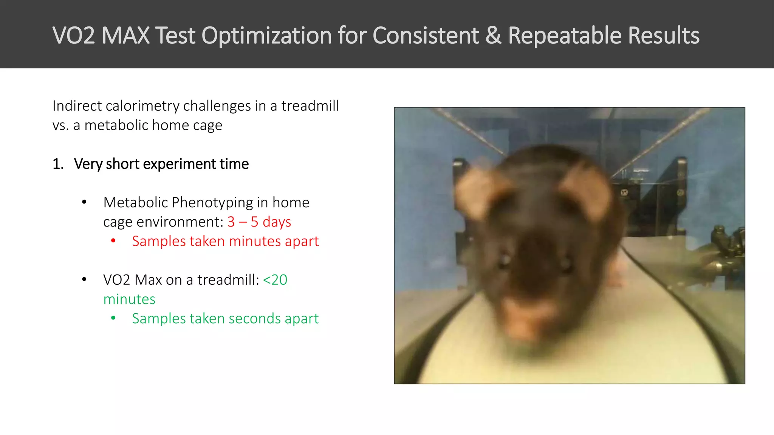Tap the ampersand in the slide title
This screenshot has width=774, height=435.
pyautogui.click(x=493, y=35)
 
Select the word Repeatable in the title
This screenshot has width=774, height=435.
pyautogui.click(x=565, y=35)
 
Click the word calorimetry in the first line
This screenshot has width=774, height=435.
pyautogui.click(x=142, y=106)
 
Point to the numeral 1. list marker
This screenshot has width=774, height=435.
pyautogui.click(x=58, y=164)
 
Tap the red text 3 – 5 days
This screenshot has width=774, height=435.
pyautogui.click(x=259, y=222)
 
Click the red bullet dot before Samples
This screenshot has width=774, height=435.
pyautogui.click(x=113, y=241)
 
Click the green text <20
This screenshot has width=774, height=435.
pyautogui.click(x=275, y=280)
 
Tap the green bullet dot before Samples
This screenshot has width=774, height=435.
pyautogui.click(x=113, y=318)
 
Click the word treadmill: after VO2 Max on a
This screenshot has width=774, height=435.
pyautogui.click(x=228, y=280)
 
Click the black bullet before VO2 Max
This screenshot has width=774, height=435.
pyautogui.click(x=84, y=280)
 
